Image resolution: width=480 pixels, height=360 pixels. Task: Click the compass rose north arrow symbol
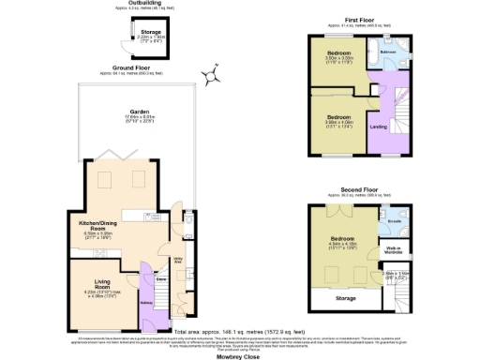(216, 74)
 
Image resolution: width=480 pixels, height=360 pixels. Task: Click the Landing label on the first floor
(379, 127)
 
